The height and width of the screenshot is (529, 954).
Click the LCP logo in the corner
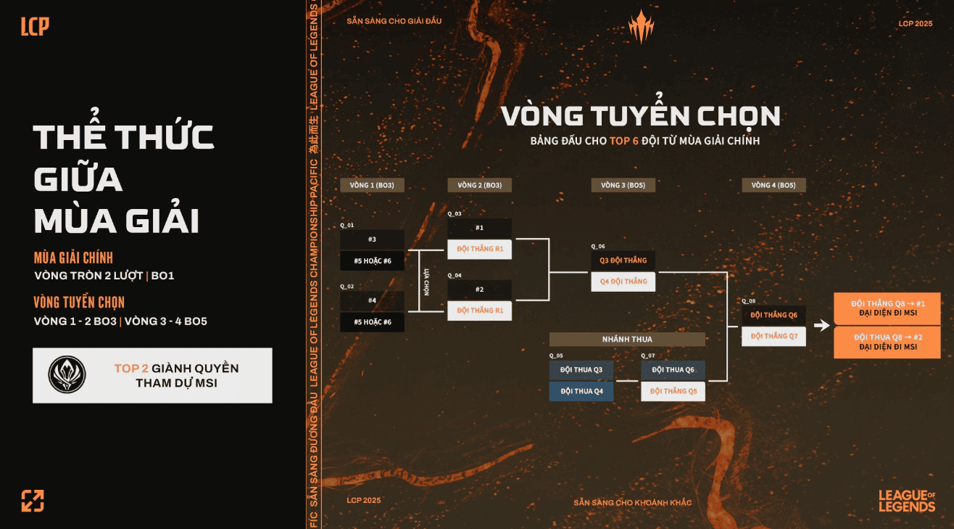[x=35, y=27]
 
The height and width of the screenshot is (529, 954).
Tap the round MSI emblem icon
[x=67, y=375]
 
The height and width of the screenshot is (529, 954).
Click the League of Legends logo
[x=907, y=501]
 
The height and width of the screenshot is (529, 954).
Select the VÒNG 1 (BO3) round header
[x=372, y=185]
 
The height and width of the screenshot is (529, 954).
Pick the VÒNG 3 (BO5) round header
[x=623, y=185]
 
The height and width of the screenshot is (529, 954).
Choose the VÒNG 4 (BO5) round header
[x=773, y=185]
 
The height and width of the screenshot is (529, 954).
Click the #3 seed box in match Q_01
[x=372, y=239]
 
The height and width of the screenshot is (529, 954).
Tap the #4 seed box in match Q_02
[x=372, y=300]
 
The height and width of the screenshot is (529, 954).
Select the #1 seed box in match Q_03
[x=479, y=228]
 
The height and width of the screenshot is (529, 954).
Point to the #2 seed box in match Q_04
[x=479, y=290]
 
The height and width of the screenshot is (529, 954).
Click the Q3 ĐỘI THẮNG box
[x=623, y=261]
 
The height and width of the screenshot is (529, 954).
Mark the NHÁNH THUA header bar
[x=627, y=340]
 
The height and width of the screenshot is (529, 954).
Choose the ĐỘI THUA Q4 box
[x=581, y=391]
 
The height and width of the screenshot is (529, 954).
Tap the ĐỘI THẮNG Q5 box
[x=673, y=391]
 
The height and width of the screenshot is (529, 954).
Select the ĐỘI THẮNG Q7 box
[x=773, y=336]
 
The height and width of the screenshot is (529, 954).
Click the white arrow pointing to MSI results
[x=821, y=325]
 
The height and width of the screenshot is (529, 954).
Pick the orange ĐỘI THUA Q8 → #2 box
[x=887, y=342]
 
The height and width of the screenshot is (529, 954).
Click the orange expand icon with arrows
[x=33, y=501]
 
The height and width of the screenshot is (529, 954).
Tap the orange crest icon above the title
[x=640, y=27]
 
